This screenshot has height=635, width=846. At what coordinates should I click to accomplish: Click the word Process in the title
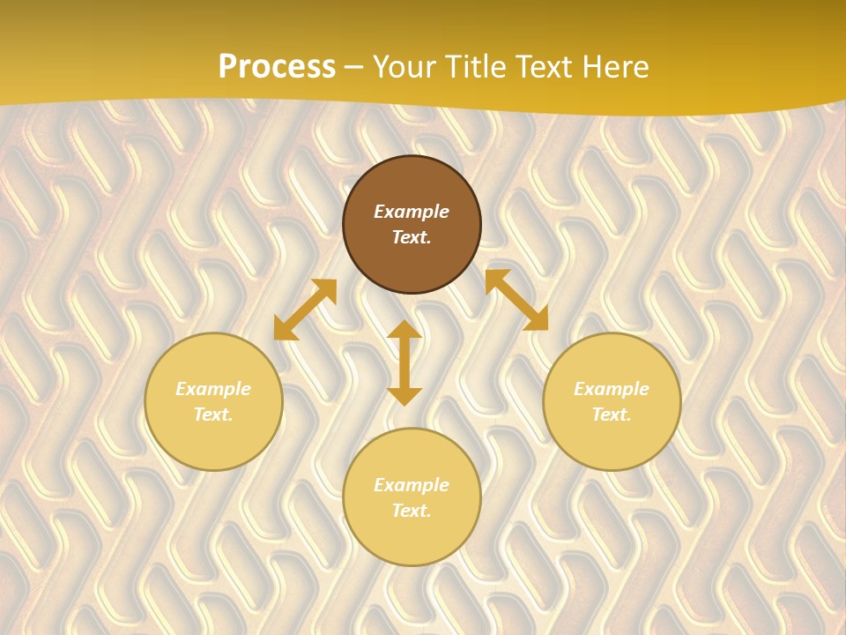277,67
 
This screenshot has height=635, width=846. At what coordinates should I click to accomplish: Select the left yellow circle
213,441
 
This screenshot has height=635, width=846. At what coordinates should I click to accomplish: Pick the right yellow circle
612,441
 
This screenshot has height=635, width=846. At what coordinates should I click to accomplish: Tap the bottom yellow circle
412,538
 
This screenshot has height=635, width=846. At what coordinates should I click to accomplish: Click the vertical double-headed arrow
404,362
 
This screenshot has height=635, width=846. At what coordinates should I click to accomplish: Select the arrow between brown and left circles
305,310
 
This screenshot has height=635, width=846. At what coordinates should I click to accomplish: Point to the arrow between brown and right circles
516,300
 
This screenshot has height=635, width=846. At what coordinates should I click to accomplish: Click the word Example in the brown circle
412,212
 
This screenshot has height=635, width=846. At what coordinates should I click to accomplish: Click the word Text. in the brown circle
412,237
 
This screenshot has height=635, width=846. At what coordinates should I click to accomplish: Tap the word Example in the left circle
213,389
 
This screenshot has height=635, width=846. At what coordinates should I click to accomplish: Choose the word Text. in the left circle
213,415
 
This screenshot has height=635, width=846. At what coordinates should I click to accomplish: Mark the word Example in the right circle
612,389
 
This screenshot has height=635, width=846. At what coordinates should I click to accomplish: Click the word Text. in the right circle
612,415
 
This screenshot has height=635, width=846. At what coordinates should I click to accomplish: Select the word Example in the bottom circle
412,485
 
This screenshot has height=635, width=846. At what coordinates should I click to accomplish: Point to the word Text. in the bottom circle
412,511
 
